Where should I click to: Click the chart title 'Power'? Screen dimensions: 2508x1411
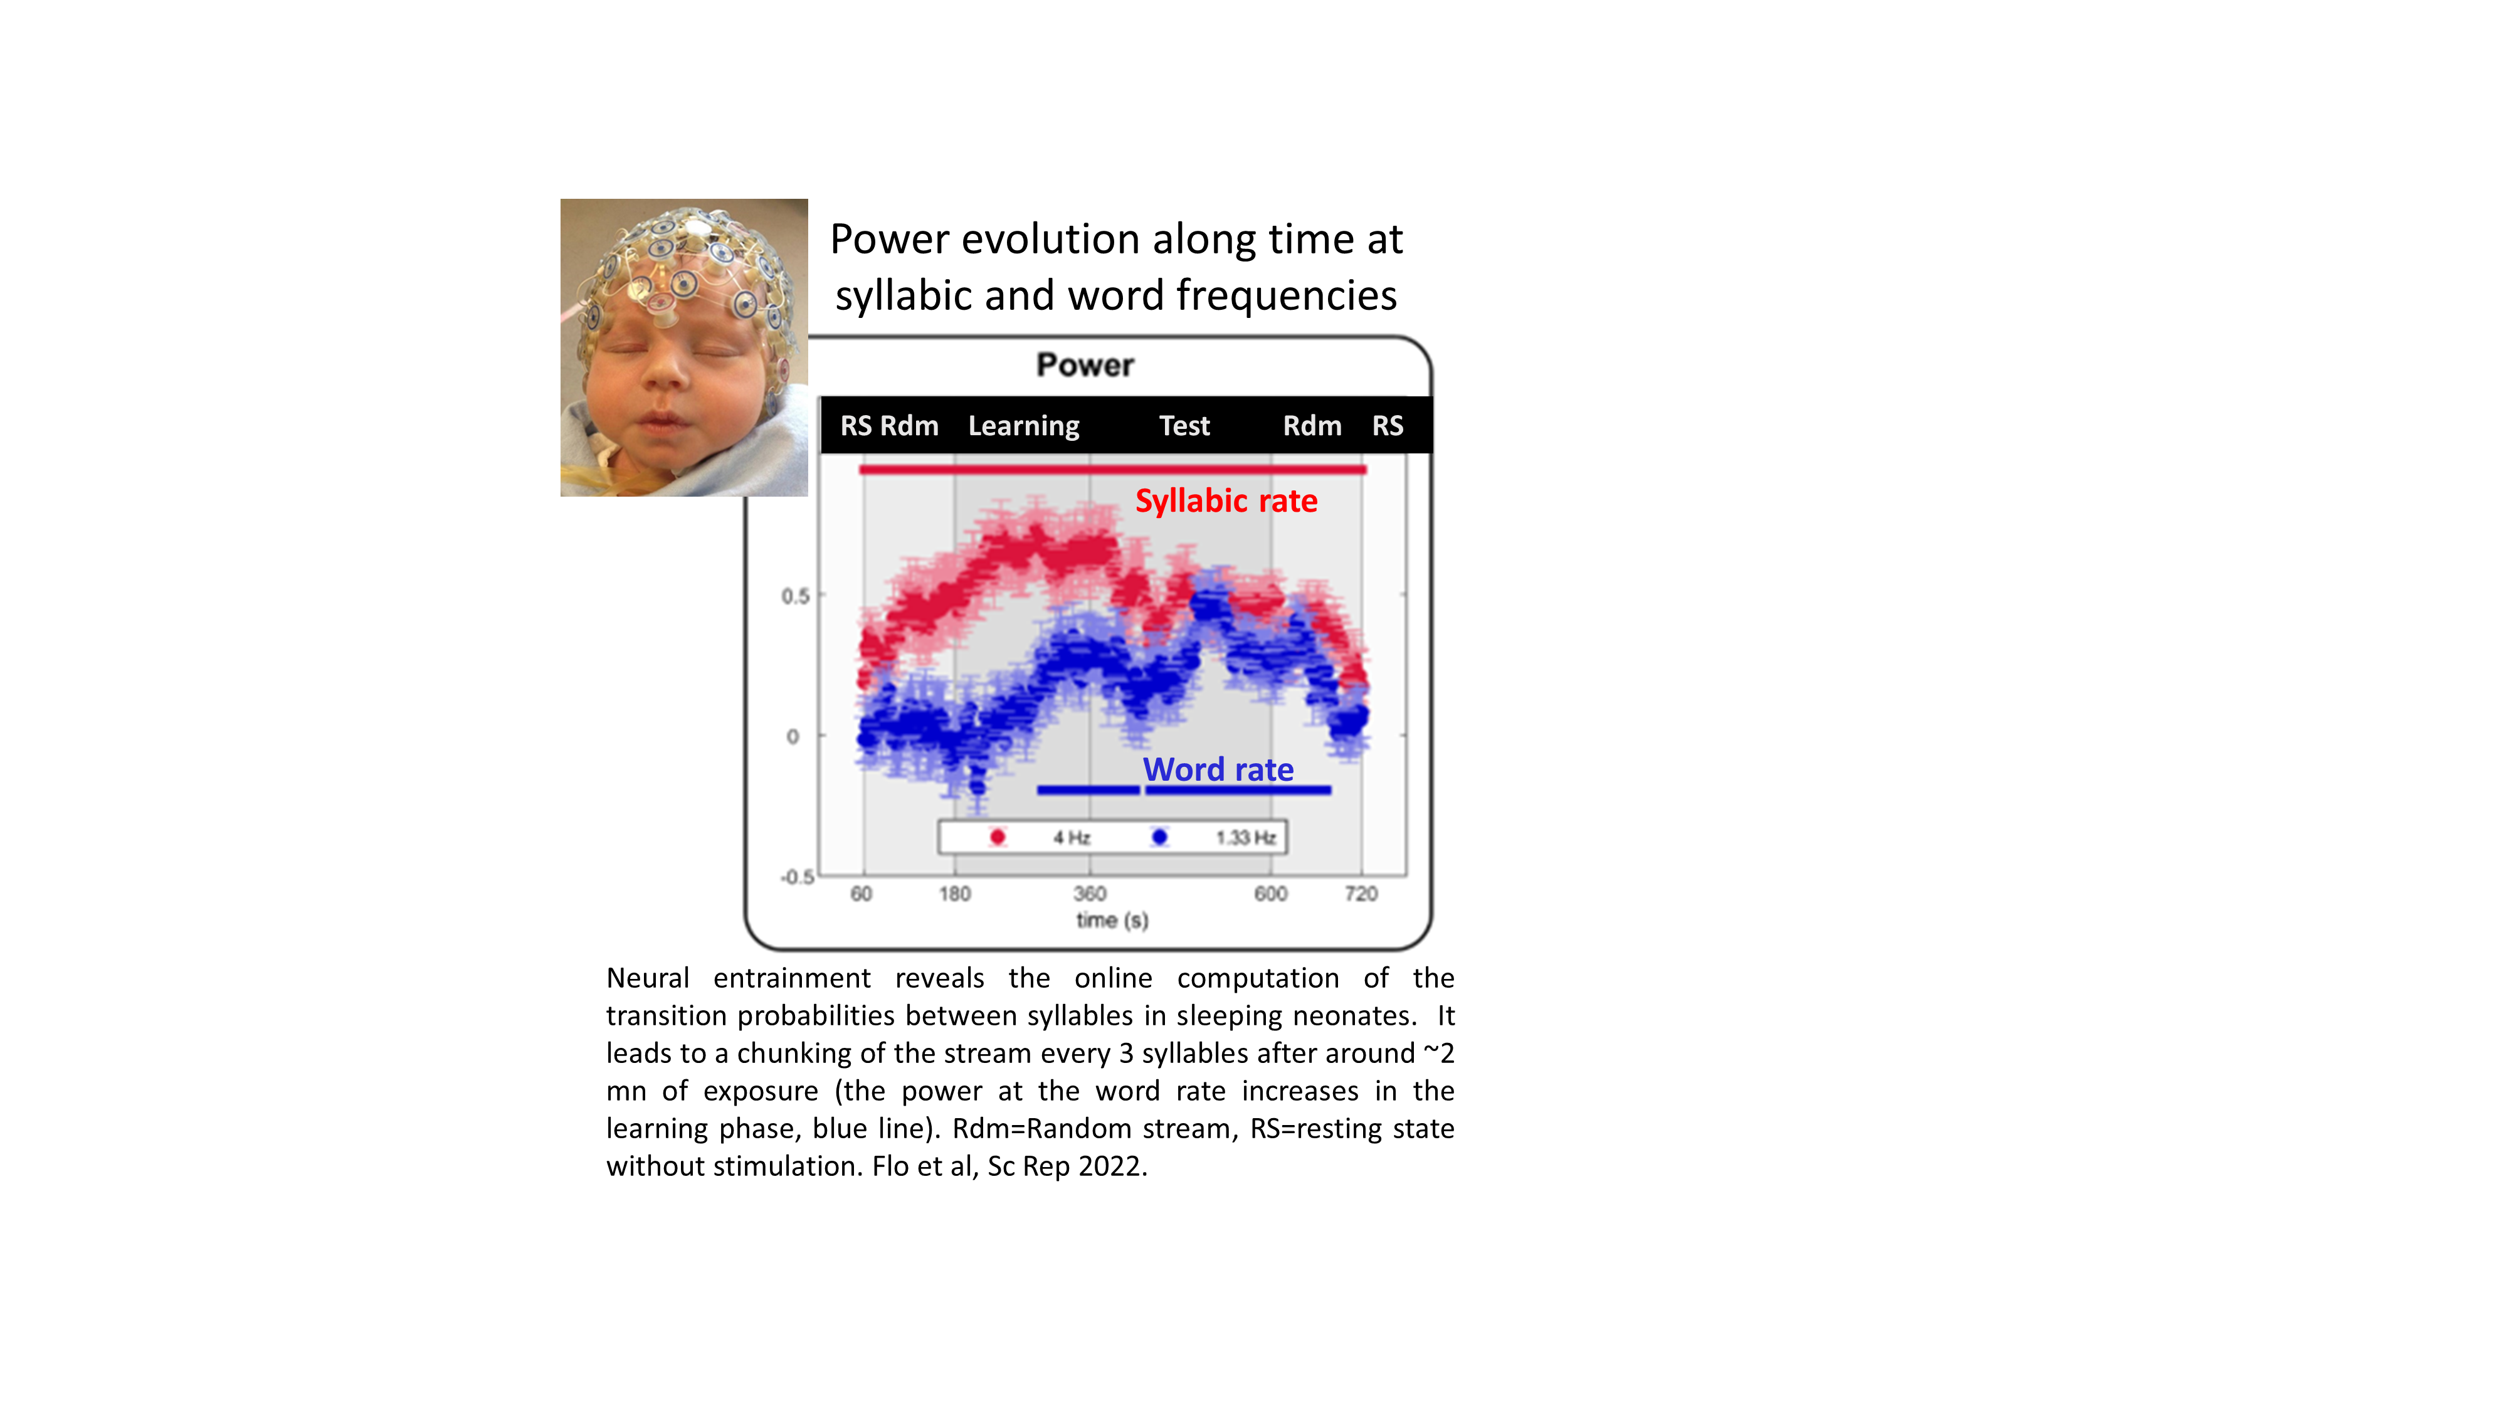tap(1085, 365)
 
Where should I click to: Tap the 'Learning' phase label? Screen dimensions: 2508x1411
tap(1023, 426)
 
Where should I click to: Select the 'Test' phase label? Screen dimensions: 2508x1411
tap(1184, 426)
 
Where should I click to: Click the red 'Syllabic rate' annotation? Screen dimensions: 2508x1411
tap(1226, 500)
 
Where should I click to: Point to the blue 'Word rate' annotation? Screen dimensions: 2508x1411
tap(1218, 769)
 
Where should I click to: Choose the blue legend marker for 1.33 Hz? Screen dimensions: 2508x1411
tap(1159, 837)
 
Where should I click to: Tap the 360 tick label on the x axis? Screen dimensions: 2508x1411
tap(1090, 893)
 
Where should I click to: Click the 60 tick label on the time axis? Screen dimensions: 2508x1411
tap(861, 893)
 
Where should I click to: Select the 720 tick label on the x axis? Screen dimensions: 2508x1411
tap(1361, 893)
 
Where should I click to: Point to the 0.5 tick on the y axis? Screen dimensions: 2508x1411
tap(796, 596)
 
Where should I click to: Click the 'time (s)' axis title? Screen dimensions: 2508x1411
tap(1112, 920)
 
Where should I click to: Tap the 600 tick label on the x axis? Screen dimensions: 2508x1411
tap(1270, 893)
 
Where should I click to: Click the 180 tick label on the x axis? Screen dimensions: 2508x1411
tap(955, 893)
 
